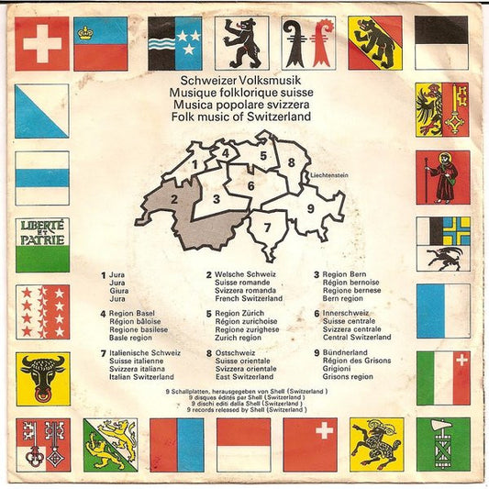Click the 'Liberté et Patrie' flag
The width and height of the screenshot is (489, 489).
(x=42, y=243)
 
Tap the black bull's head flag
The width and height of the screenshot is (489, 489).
(x=42, y=378)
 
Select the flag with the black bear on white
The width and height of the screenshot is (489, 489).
(x=241, y=43)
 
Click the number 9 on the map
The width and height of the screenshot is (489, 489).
(x=310, y=208)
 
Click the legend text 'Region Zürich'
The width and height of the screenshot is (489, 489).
(x=240, y=314)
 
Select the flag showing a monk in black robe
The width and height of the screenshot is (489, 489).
(x=442, y=177)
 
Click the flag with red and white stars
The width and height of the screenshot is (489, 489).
(x=42, y=311)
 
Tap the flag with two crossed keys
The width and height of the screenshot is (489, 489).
(x=42, y=444)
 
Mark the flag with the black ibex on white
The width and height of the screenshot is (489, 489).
(x=442, y=243)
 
